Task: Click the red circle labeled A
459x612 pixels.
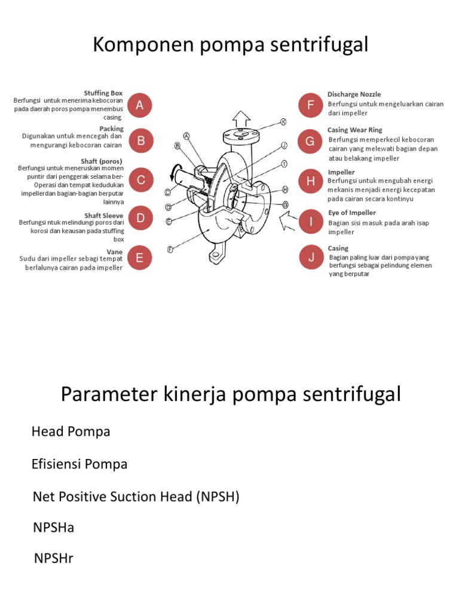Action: pyautogui.click(x=140, y=105)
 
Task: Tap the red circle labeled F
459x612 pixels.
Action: pyautogui.click(x=311, y=105)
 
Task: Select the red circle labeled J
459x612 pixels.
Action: pyautogui.click(x=311, y=258)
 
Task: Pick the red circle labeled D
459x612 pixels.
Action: pyautogui.click(x=140, y=219)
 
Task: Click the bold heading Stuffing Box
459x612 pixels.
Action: pyautogui.click(x=103, y=93)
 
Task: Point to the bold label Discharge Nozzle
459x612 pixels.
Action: pyautogui.click(x=354, y=94)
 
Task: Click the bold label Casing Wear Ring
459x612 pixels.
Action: pyautogui.click(x=354, y=130)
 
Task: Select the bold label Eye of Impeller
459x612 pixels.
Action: pyautogui.click(x=351, y=213)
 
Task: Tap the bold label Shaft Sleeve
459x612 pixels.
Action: pyautogui.click(x=104, y=216)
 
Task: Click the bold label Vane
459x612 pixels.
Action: pyautogui.click(x=115, y=252)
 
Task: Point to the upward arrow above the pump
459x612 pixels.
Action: pyautogui.click(x=241, y=117)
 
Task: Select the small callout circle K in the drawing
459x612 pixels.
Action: pyautogui.click(x=284, y=122)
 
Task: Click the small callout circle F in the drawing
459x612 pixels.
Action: pyautogui.click(x=170, y=249)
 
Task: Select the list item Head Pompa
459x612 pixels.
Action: pyautogui.click(x=71, y=432)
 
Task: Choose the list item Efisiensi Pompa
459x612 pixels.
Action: pyautogui.click(x=79, y=464)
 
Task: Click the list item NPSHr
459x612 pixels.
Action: pyautogui.click(x=53, y=558)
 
